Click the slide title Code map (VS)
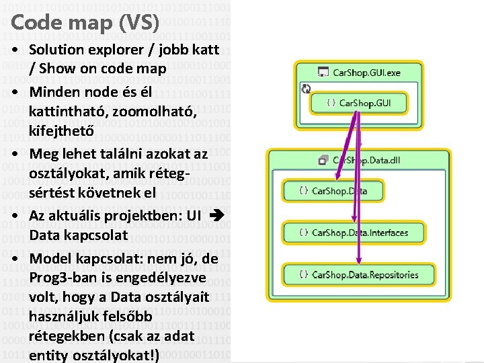tap(85, 23)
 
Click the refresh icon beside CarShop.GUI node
tap(306, 89)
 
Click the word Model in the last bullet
tap(50, 259)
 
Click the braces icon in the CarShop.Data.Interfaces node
tap(304, 233)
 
